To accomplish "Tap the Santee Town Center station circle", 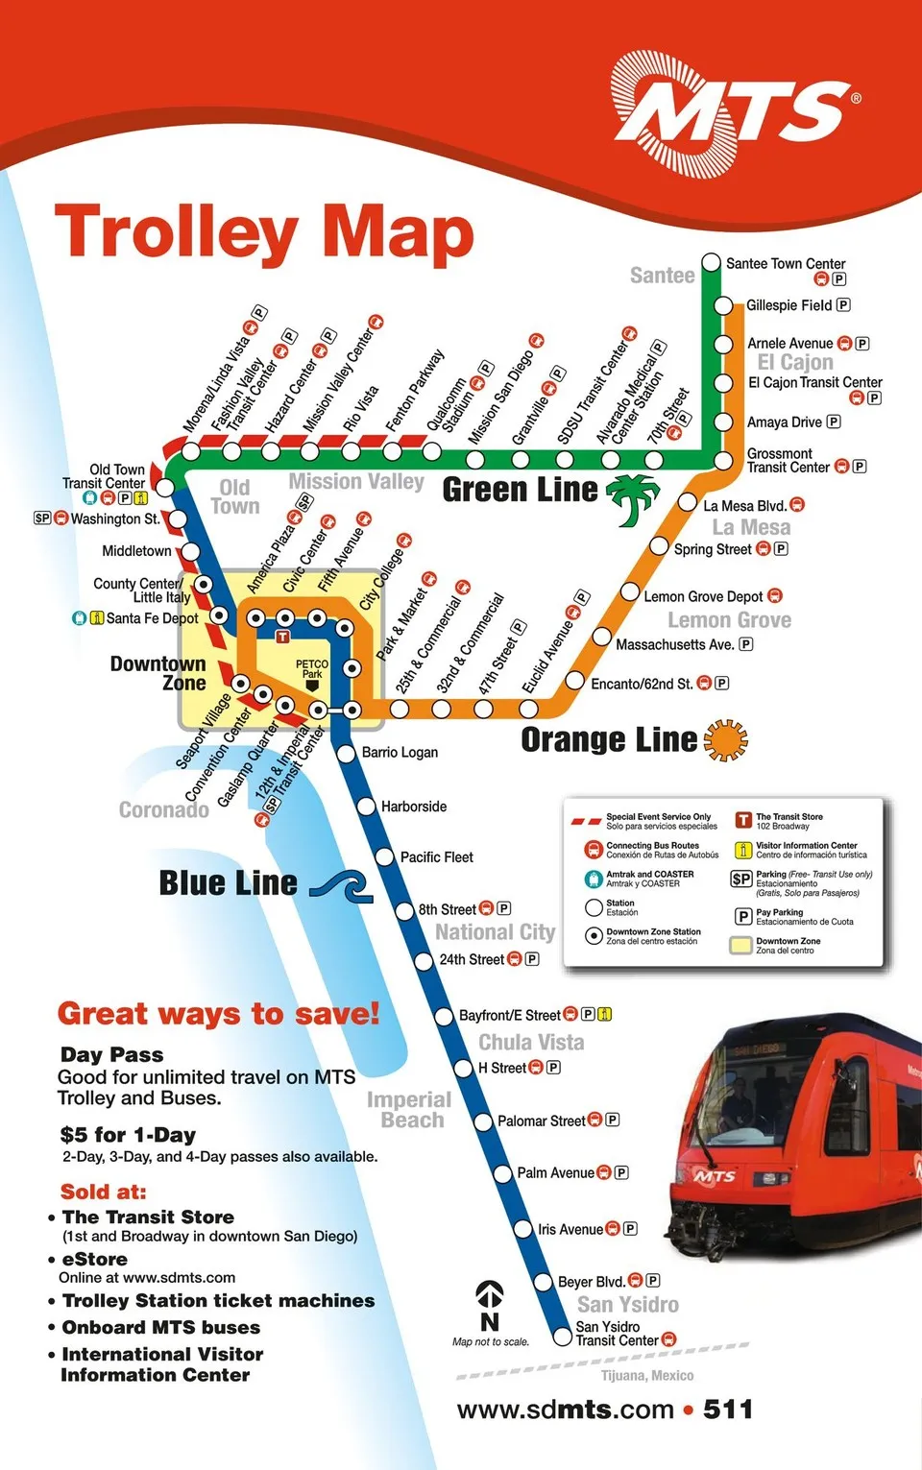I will (x=711, y=262).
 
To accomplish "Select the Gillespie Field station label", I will (x=789, y=305).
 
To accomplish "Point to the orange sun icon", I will (x=725, y=740).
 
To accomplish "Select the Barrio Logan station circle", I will (x=347, y=754).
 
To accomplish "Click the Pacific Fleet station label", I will (x=436, y=857).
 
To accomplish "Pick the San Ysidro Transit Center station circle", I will (x=563, y=1336).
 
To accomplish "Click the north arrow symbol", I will (x=490, y=1305).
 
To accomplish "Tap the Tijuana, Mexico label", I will (x=647, y=1376).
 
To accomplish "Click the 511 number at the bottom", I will (x=728, y=1410).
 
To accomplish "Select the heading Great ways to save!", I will (x=218, y=1014).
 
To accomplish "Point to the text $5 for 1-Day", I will (x=128, y=1135).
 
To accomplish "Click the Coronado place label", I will (x=163, y=810).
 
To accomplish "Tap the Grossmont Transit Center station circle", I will (x=723, y=462).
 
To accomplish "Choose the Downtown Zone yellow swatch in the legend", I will (x=740, y=946).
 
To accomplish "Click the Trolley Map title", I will (x=264, y=233).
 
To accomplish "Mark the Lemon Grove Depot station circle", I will (x=630, y=592).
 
